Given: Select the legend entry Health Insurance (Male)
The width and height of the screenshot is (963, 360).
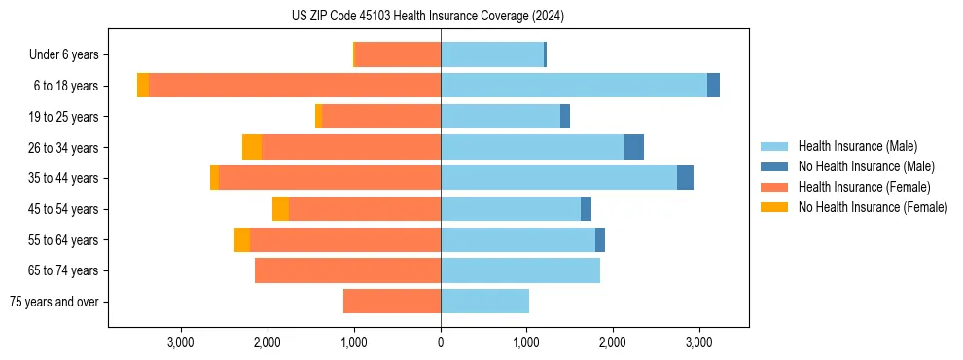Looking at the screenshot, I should coord(857,146).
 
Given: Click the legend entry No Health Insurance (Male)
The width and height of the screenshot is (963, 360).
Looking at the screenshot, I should coord(866,166).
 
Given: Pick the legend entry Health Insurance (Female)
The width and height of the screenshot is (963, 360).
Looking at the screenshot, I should coord(864,187).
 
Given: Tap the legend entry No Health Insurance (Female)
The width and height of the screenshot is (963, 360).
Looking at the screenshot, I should coord(873,207).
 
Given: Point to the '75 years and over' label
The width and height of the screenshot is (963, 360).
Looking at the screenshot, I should coord(54,302).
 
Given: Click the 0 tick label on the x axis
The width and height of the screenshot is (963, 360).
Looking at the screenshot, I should coord(441,342).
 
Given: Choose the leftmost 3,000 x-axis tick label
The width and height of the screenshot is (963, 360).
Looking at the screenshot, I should coord(182,342).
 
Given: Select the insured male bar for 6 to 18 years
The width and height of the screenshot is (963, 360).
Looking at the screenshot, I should coord(574,86).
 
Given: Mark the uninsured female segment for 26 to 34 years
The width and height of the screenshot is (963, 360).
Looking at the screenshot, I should coord(252,147).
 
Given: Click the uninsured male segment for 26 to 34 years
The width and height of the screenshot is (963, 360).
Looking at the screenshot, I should coord(634,147).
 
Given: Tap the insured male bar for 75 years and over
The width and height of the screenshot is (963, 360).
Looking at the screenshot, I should coord(484,302).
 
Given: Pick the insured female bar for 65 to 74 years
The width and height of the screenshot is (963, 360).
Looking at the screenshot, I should coord(347,270).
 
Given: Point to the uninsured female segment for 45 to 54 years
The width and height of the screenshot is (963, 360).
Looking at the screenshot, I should coord(280,209).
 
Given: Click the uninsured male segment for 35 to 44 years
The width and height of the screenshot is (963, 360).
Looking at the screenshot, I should coord(685,178).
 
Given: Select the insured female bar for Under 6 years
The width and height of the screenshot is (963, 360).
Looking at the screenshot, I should coord(398,54).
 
